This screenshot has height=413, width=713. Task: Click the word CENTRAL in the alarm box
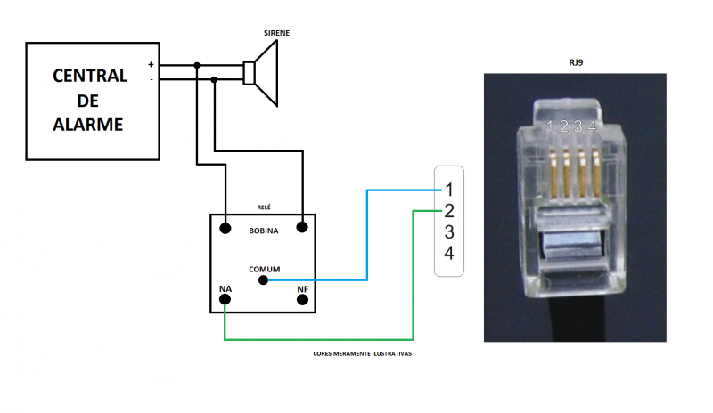[x=89, y=75]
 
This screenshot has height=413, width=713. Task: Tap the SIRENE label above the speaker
[x=276, y=33]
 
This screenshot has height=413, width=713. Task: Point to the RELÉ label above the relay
[x=263, y=206]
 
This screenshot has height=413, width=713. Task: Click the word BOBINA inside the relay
[x=263, y=231]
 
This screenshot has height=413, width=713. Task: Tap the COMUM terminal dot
[x=263, y=280]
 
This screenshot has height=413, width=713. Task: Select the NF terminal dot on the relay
[x=302, y=301]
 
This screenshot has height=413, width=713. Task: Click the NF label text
[x=302, y=288]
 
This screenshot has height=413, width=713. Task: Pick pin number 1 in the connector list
[x=449, y=190]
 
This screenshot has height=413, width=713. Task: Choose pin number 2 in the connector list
[x=449, y=211]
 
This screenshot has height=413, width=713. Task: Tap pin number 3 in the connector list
[x=449, y=232]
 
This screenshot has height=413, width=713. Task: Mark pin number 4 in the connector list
[x=449, y=254]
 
